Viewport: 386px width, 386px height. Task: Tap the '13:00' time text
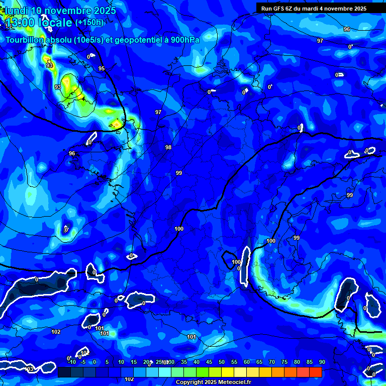(x=20, y=22)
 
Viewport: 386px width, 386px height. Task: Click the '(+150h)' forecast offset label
(x=89, y=22)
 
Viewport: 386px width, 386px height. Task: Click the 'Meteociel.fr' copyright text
(x=233, y=382)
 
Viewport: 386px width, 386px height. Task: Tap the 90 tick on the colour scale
(x=322, y=362)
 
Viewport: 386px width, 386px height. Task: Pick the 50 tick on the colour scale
(x=222, y=362)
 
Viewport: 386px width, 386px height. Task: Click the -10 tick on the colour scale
(x=71, y=362)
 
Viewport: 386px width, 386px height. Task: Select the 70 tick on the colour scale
(x=272, y=362)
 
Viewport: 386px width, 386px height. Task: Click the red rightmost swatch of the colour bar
(x=315, y=372)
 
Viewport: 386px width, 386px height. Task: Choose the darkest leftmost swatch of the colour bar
(x=64, y=372)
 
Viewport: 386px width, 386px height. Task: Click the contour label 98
(x=168, y=147)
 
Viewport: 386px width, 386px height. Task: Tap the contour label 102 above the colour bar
(x=129, y=379)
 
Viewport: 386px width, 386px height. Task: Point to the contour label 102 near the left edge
(x=56, y=332)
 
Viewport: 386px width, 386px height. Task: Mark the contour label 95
(x=102, y=68)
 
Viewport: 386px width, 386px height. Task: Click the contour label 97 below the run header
(x=320, y=41)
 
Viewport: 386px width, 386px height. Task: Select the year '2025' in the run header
(x=359, y=9)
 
